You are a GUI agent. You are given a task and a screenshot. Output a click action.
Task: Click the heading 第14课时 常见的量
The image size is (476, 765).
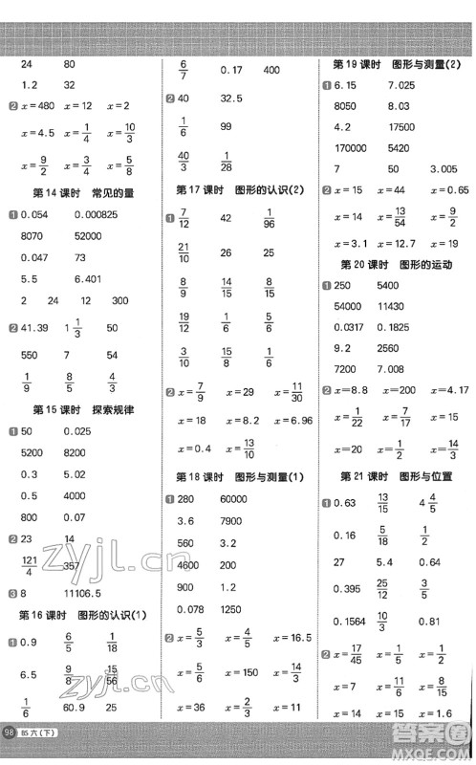(84, 193)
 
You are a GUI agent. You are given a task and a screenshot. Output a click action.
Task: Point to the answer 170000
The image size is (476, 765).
(350, 147)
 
